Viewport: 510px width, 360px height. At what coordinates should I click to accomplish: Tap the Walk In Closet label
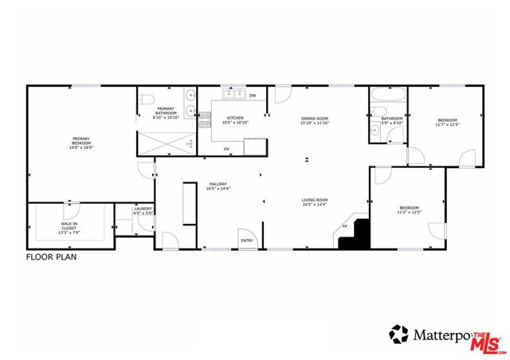[68, 225]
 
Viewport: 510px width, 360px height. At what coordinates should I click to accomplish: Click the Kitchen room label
[234, 120]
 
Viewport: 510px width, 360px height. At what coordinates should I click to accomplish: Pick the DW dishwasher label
[253, 96]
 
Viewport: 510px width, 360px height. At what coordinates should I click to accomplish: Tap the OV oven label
[227, 149]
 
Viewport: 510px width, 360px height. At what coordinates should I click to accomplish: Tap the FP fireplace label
[344, 226]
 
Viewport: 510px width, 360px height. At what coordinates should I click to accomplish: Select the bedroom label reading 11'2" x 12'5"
[410, 209]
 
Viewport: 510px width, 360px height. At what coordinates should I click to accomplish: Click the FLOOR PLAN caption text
[51, 257]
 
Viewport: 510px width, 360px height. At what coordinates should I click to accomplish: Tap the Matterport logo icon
[398, 334]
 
